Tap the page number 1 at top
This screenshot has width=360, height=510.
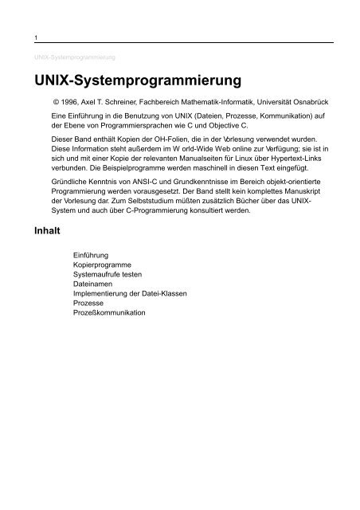pos(27,37)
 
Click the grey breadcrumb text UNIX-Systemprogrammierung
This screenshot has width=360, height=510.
pos(72,57)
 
